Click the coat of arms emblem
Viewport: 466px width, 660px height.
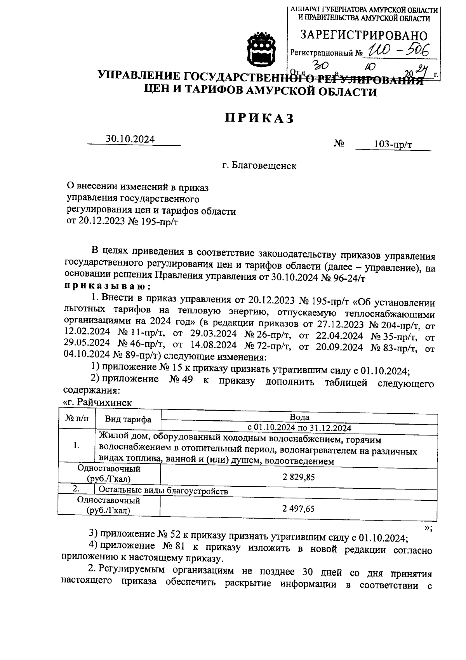(x=261, y=50)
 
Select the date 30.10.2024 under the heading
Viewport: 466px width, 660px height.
(x=130, y=139)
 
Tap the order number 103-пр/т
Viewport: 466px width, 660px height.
(x=393, y=145)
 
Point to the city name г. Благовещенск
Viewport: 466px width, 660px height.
(x=259, y=166)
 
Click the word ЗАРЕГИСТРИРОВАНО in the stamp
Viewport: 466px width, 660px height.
(x=364, y=36)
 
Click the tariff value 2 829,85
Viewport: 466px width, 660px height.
(x=299, y=477)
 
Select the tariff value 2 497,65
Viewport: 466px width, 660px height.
(x=299, y=509)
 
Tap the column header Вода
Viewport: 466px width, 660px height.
(x=299, y=417)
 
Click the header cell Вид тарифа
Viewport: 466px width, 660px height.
(x=128, y=420)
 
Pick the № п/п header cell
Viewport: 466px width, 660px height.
(x=77, y=419)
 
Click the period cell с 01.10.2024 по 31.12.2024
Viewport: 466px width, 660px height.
(x=299, y=428)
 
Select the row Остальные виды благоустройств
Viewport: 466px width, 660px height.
(x=163, y=491)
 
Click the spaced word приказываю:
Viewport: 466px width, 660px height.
(x=107, y=287)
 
